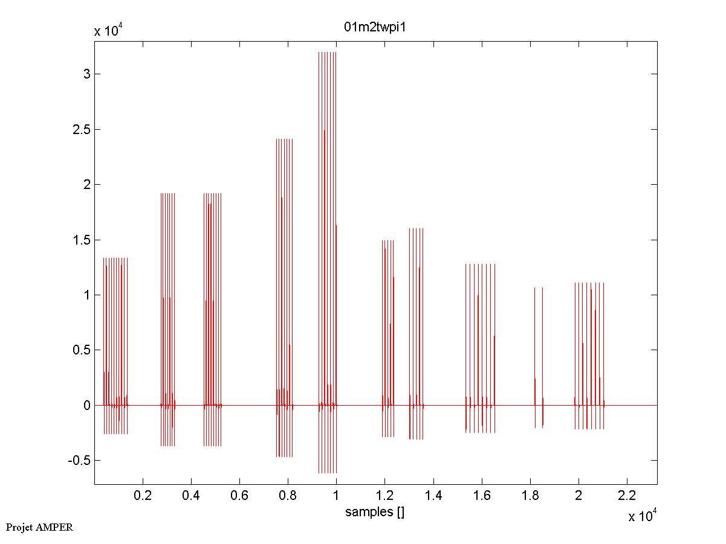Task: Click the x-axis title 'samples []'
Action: coord(375,512)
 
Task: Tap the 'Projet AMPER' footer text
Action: coord(39,527)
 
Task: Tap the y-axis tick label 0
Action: coord(87,405)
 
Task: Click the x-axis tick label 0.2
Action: coord(142,496)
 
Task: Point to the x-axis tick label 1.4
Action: coord(433,496)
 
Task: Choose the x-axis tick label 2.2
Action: coord(627,496)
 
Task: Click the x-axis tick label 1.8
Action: coord(530,496)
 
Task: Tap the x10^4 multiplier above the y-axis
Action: coord(109,31)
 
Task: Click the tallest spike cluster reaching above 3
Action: coord(327,242)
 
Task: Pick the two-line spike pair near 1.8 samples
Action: coord(539,356)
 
